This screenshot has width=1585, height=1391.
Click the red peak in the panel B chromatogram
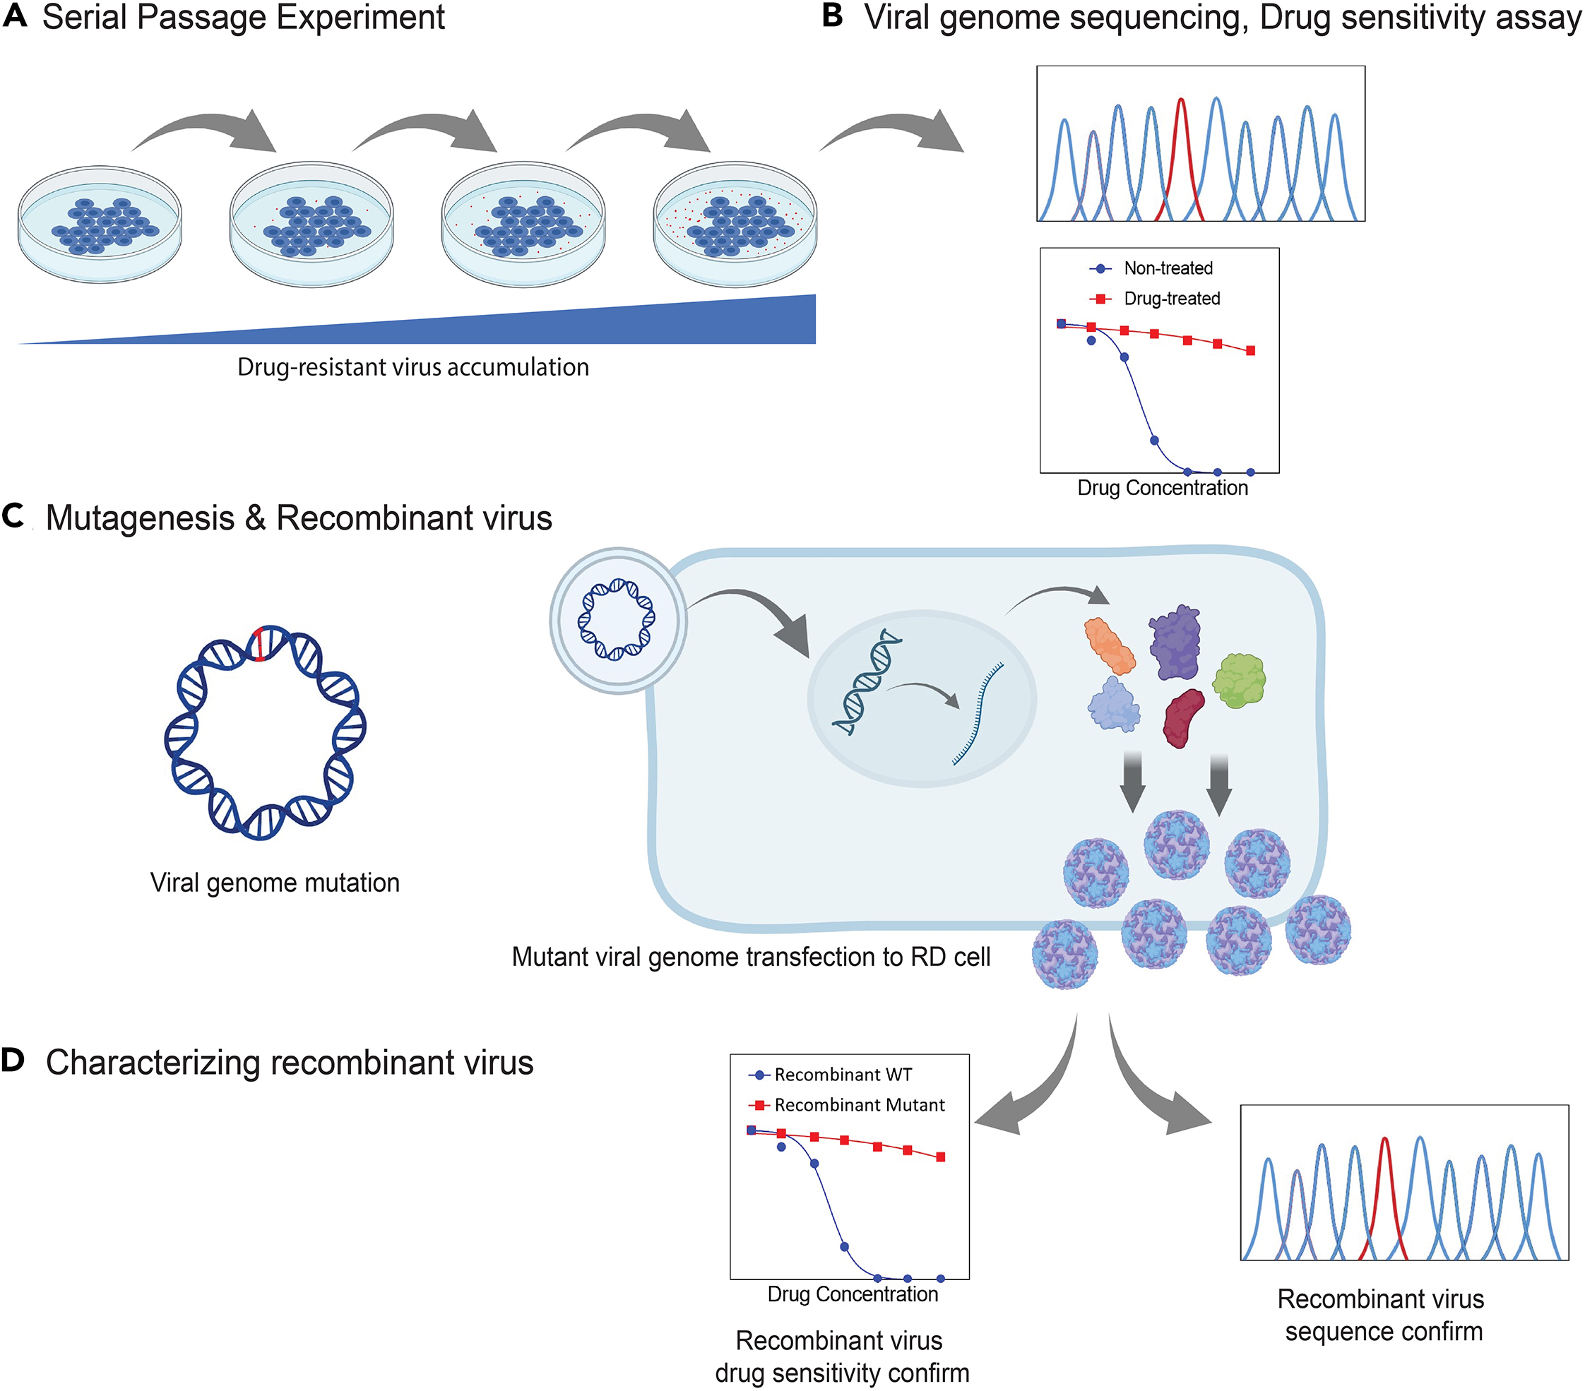[x=1180, y=155]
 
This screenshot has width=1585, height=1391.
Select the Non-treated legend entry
[x=1152, y=268]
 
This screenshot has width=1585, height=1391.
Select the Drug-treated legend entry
[x=1156, y=299]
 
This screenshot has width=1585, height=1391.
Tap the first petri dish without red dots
[x=100, y=223]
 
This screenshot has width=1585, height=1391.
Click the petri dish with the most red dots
[x=735, y=223]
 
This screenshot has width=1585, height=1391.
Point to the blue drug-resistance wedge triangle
[x=620, y=326]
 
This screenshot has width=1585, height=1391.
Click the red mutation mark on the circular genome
[x=260, y=643]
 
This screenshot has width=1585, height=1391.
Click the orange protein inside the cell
[x=1110, y=645]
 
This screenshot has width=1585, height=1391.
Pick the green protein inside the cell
[x=1238, y=680]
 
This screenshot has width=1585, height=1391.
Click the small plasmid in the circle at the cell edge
[x=617, y=619]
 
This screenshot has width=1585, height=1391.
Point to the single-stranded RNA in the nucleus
[x=978, y=714]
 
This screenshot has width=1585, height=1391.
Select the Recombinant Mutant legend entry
[x=847, y=1105]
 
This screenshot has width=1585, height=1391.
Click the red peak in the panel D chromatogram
[x=1384, y=1194]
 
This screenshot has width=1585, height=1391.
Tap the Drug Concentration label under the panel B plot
[x=1163, y=488]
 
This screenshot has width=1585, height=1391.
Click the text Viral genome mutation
[x=275, y=883]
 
